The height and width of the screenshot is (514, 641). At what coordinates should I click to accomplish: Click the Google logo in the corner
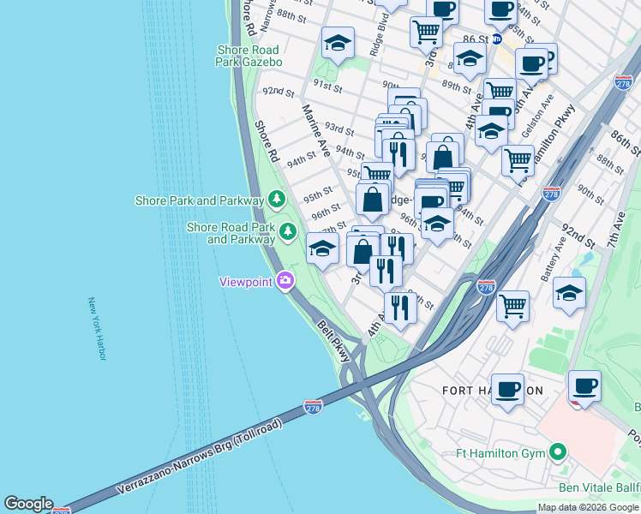(x=28, y=504)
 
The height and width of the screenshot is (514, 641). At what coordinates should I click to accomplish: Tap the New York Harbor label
(x=96, y=329)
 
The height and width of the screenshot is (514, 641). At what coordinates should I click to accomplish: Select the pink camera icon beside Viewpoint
(x=285, y=280)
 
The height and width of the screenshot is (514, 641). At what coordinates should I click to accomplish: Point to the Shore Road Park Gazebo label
(x=249, y=55)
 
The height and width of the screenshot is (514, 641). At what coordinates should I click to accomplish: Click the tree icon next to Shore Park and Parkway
(x=276, y=200)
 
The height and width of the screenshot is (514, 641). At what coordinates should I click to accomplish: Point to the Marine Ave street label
(x=315, y=130)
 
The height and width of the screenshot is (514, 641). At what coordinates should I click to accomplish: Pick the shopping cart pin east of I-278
(x=512, y=306)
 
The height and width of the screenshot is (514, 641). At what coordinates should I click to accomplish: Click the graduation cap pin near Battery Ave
(x=569, y=293)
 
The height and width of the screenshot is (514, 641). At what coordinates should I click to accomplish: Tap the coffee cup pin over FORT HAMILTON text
(x=507, y=388)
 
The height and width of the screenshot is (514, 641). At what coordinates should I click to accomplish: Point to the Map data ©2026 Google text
(x=588, y=507)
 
